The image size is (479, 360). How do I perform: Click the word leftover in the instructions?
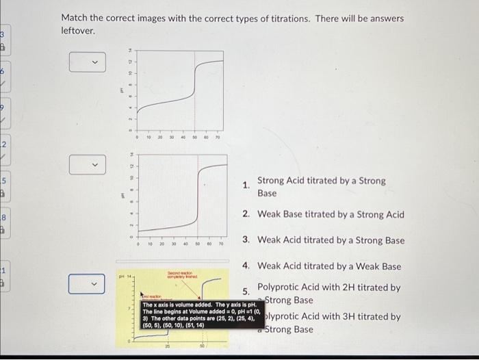pyautogui.click(x=81, y=31)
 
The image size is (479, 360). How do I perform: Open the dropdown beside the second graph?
pyautogui.click(x=88, y=165)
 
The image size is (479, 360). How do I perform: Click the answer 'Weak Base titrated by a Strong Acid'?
pyautogui.click(x=331, y=214)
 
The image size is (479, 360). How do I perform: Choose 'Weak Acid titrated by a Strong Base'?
pyautogui.click(x=331, y=240)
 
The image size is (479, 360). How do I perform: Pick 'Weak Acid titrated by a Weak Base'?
pyautogui.click(x=329, y=266)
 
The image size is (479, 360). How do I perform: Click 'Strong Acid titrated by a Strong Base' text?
pyautogui.click(x=321, y=186)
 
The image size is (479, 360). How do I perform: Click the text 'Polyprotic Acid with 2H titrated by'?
pyautogui.click(x=328, y=287)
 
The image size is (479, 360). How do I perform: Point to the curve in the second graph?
pyautogui.click(x=198, y=198)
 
